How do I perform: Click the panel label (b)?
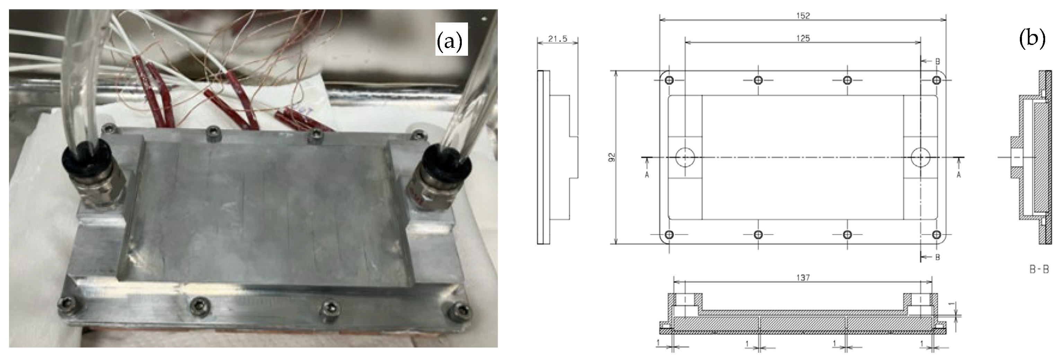(x=1032, y=38)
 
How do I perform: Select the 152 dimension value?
(x=803, y=16)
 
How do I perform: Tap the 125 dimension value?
(x=803, y=38)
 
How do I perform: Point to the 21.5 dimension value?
(x=557, y=39)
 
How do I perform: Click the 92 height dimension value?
(x=612, y=157)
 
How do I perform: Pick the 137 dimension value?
(x=803, y=278)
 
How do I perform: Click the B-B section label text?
(x=1039, y=270)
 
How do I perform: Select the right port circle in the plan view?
(x=920, y=157)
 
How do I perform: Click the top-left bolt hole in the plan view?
(x=669, y=80)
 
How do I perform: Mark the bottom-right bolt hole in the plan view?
(x=936, y=235)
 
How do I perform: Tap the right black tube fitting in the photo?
(x=443, y=167)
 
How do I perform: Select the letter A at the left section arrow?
(x=647, y=175)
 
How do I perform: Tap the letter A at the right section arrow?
(x=959, y=175)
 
